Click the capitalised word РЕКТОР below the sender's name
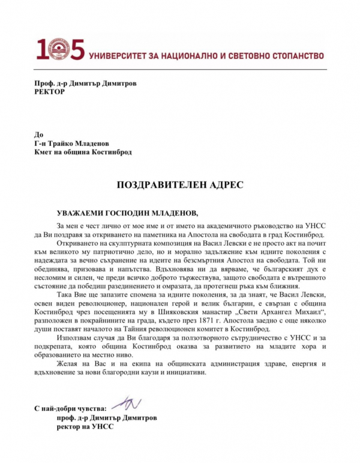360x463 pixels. [49, 92]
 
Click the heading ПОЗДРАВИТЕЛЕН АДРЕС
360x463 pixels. [180, 185]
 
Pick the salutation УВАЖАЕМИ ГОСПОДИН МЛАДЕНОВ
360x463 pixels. [127, 213]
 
